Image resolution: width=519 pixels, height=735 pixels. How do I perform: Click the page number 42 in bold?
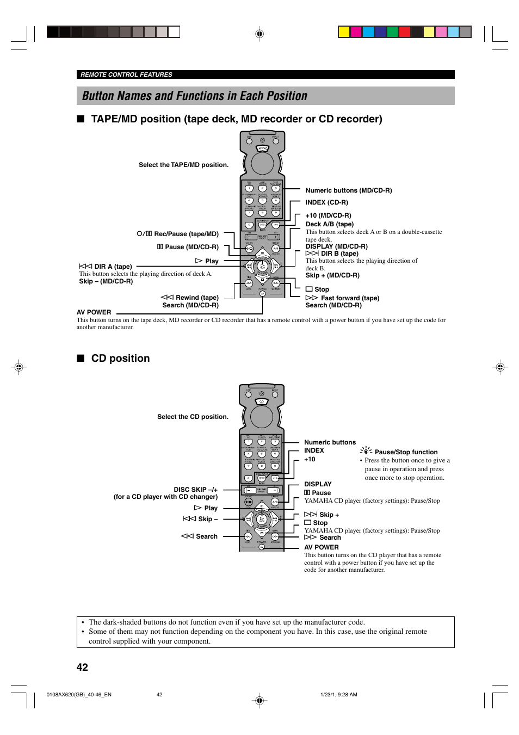tap(82, 668)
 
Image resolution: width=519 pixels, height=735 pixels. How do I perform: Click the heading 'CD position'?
tap(120, 359)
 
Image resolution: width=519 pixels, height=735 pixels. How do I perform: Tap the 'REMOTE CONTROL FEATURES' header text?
tap(126, 75)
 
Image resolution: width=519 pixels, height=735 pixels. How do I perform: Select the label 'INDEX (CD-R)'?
tap(326, 202)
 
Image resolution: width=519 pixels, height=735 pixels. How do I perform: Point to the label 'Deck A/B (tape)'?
tap(329, 224)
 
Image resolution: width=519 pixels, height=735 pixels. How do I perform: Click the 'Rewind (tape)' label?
tap(196, 298)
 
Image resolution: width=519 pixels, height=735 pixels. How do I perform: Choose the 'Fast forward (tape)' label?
tap(350, 298)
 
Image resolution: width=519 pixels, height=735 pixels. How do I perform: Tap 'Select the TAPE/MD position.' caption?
tap(183, 165)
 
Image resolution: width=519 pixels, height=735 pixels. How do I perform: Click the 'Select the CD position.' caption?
tap(193, 417)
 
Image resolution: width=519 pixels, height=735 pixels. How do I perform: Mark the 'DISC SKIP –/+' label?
tap(195, 490)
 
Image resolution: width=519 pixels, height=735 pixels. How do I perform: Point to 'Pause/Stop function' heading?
tap(406, 452)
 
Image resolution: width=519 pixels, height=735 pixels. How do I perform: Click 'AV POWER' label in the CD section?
tap(321, 547)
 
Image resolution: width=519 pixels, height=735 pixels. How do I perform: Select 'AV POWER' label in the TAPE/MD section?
tap(94, 312)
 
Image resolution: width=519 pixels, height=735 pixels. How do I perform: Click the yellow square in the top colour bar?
tap(344, 32)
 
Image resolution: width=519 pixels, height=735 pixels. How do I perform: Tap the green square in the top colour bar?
tap(392, 32)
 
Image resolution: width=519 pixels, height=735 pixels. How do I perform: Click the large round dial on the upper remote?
tap(262, 163)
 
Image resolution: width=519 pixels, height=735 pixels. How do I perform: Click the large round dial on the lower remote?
tap(262, 417)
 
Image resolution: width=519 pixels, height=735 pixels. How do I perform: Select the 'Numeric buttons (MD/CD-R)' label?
tap(348, 190)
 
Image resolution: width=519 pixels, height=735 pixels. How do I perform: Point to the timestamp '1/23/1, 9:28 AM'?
tap(338, 695)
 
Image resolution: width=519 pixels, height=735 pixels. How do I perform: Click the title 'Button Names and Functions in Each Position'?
tap(195, 96)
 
